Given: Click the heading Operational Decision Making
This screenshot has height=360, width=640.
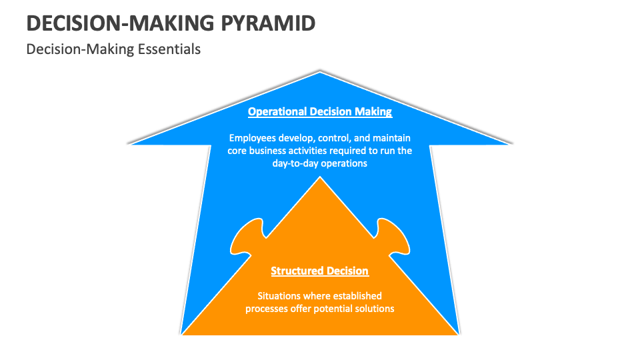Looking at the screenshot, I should click(x=320, y=111).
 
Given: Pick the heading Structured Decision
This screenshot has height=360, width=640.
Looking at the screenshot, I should click(x=320, y=271).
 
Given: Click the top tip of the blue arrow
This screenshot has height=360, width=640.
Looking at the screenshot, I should click(x=320, y=71).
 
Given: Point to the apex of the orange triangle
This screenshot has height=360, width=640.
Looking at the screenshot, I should click(x=320, y=178).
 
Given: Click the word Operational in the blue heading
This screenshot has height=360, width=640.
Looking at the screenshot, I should click(x=277, y=111).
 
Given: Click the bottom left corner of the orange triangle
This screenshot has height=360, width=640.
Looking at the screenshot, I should click(x=183, y=333).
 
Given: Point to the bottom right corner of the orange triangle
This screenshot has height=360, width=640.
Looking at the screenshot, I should click(x=457, y=333).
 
